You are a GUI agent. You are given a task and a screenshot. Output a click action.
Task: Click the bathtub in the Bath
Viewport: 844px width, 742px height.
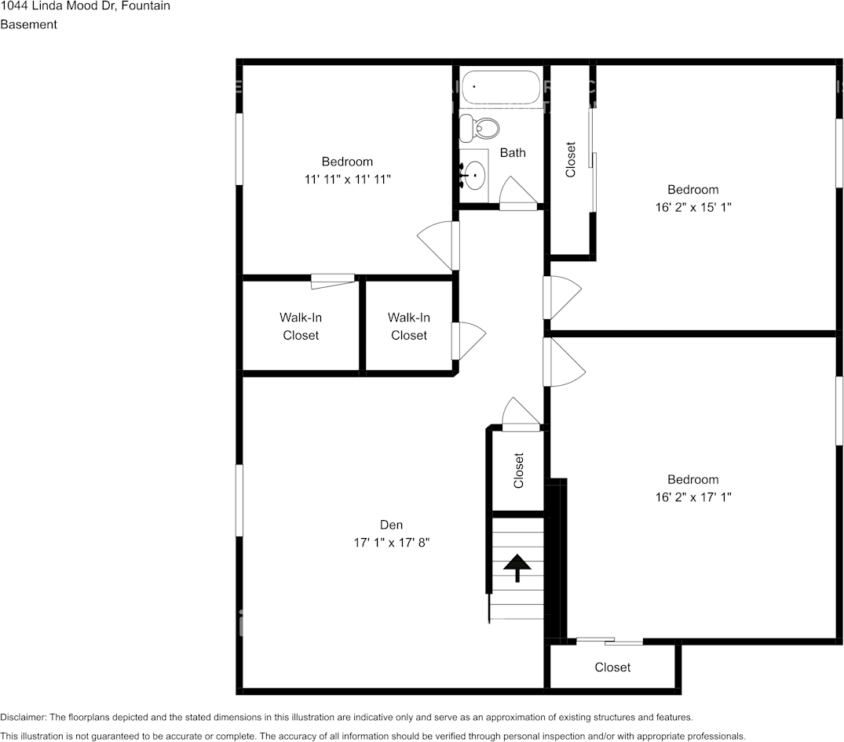[501, 88]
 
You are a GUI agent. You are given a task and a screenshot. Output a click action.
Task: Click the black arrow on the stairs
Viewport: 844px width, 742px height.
[517, 567]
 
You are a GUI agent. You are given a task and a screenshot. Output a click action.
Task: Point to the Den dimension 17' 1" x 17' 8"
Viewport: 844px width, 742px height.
[392, 542]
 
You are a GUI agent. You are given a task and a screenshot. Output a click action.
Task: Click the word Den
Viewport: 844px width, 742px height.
[392, 525]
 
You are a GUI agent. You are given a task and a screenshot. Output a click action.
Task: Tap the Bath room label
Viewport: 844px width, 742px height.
[513, 152]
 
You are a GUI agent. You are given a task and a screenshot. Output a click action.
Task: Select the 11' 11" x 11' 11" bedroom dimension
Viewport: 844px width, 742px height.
[347, 179]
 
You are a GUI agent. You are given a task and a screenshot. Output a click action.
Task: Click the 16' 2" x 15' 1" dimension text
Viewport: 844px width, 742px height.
[692, 207]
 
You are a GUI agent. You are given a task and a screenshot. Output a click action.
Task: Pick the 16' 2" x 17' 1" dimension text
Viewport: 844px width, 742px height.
[692, 496]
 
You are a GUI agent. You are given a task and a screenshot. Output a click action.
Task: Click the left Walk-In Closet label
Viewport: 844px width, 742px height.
[301, 326]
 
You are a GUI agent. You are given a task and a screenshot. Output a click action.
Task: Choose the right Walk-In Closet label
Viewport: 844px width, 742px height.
[408, 326]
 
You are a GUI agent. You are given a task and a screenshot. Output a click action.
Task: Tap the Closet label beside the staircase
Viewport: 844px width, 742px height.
[518, 471]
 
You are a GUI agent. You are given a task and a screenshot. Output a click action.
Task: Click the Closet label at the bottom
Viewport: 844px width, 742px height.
[612, 667]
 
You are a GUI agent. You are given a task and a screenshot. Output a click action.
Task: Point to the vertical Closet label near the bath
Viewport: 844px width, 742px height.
[571, 159]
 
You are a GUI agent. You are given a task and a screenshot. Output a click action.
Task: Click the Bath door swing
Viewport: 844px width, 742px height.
[515, 192]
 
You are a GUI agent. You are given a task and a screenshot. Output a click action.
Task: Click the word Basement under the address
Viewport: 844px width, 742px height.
[28, 24]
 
